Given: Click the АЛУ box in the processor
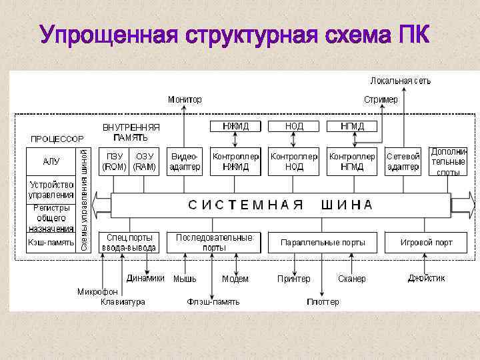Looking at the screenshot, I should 51,161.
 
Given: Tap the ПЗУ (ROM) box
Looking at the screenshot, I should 114,161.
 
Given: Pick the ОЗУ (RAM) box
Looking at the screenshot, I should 145,161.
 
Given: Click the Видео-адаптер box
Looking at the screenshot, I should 185,161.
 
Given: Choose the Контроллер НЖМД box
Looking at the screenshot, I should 235,161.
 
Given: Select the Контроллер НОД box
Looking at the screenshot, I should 294,161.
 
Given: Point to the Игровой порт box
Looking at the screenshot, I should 426,243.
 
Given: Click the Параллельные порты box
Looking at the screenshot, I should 323,243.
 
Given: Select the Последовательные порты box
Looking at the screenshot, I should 214,242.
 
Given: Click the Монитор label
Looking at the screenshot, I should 185,99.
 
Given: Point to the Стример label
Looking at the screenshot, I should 381,99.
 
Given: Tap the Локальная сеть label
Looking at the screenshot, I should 400,81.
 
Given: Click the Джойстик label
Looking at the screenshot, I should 426,278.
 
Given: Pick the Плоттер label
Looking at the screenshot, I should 323,302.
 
